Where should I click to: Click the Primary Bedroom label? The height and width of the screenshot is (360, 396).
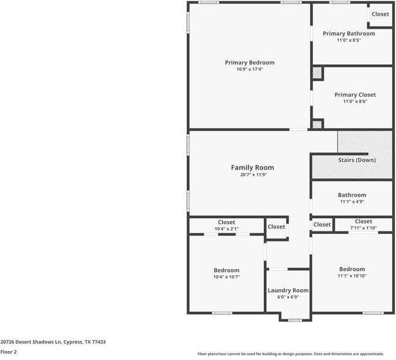click(249, 63)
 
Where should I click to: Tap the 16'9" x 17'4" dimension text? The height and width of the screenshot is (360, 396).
click(249, 69)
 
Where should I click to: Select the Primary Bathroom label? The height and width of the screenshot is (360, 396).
click(349, 34)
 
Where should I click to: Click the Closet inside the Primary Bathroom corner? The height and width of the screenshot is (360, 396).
click(380, 14)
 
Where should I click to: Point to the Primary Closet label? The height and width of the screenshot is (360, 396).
click(355, 95)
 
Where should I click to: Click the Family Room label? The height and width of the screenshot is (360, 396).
click(252, 168)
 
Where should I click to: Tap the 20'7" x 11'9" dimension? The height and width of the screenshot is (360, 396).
click(252, 175)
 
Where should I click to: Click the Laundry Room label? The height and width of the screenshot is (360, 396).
click(288, 290)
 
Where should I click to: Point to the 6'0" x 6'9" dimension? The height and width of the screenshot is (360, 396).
click(288, 297)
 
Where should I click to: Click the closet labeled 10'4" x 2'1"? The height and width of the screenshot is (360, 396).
click(226, 225)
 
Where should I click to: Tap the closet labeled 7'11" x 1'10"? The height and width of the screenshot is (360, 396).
click(363, 224)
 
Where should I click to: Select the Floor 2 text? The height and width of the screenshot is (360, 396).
click(8, 352)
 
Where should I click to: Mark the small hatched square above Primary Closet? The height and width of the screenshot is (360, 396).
click(317, 73)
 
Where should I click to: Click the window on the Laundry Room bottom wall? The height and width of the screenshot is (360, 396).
click(294, 320)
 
